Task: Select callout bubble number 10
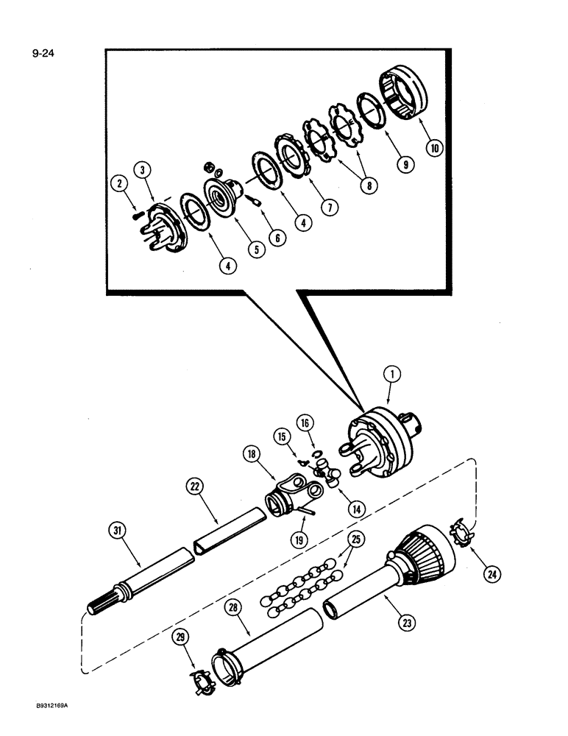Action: (435, 147)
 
